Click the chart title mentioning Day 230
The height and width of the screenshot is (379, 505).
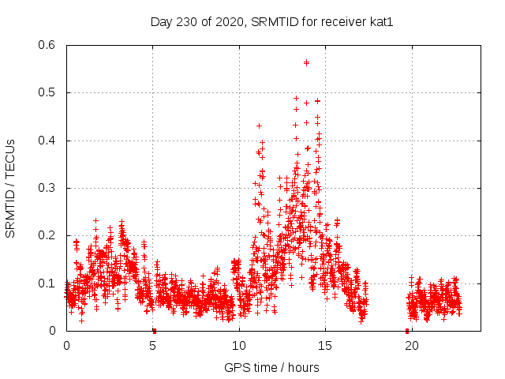point(271,21)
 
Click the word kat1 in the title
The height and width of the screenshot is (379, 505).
point(380,21)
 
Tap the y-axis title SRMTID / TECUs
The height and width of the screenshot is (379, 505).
point(11,188)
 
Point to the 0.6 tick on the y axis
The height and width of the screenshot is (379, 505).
point(48,45)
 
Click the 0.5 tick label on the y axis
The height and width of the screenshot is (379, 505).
point(48,92)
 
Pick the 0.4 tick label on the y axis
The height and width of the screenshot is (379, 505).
point(48,141)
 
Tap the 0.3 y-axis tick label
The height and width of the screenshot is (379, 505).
point(48,188)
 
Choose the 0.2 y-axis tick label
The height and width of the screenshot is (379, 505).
point(48,235)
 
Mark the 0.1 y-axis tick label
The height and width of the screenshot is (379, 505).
point(48,283)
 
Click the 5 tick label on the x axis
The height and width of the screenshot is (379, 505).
point(153,345)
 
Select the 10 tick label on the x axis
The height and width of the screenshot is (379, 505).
point(239,345)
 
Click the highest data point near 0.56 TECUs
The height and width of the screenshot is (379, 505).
point(306,62)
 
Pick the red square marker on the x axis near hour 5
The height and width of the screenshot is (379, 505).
point(154,331)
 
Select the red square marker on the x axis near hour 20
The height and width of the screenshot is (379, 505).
point(406,331)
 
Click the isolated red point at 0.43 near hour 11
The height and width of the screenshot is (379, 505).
point(259,126)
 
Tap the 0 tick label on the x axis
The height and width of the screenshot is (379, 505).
point(66,345)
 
